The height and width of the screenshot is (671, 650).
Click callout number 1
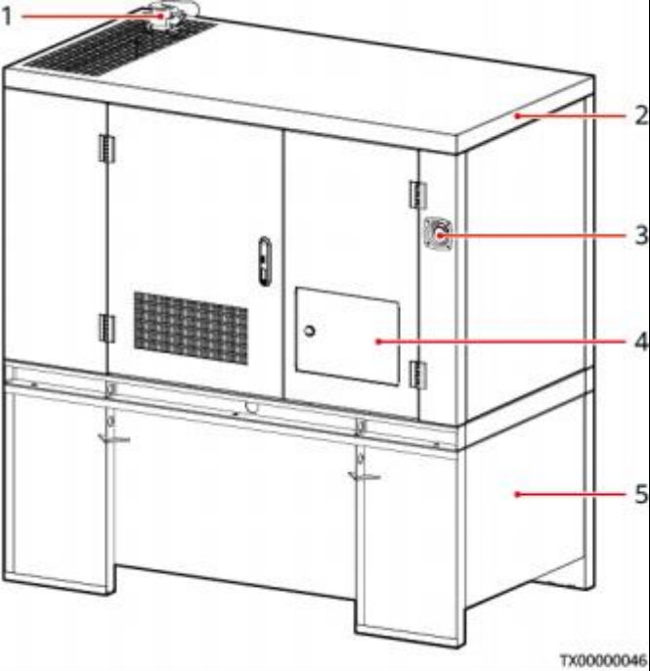[7, 17]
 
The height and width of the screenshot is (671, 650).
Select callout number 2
[641, 115]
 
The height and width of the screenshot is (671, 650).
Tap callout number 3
[641, 235]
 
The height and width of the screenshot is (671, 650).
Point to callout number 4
[641, 341]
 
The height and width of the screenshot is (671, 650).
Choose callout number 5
[641, 494]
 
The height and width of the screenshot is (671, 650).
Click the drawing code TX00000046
[603, 659]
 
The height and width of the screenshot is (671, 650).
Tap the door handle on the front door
[265, 261]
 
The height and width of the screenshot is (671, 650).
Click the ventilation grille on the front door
[191, 329]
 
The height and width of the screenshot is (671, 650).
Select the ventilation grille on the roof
[119, 47]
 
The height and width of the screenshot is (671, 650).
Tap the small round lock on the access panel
[309, 331]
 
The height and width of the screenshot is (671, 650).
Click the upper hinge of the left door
[107, 149]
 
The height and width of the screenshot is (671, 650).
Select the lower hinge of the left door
[107, 329]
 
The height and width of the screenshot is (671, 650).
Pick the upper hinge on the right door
[417, 195]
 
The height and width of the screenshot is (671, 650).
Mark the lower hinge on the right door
[417, 375]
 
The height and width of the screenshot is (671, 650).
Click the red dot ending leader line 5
[517, 494]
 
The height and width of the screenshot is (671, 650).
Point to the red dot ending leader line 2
[517, 115]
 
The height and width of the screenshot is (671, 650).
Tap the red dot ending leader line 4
[378, 341]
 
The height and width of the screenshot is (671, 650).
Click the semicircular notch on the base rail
[252, 408]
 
